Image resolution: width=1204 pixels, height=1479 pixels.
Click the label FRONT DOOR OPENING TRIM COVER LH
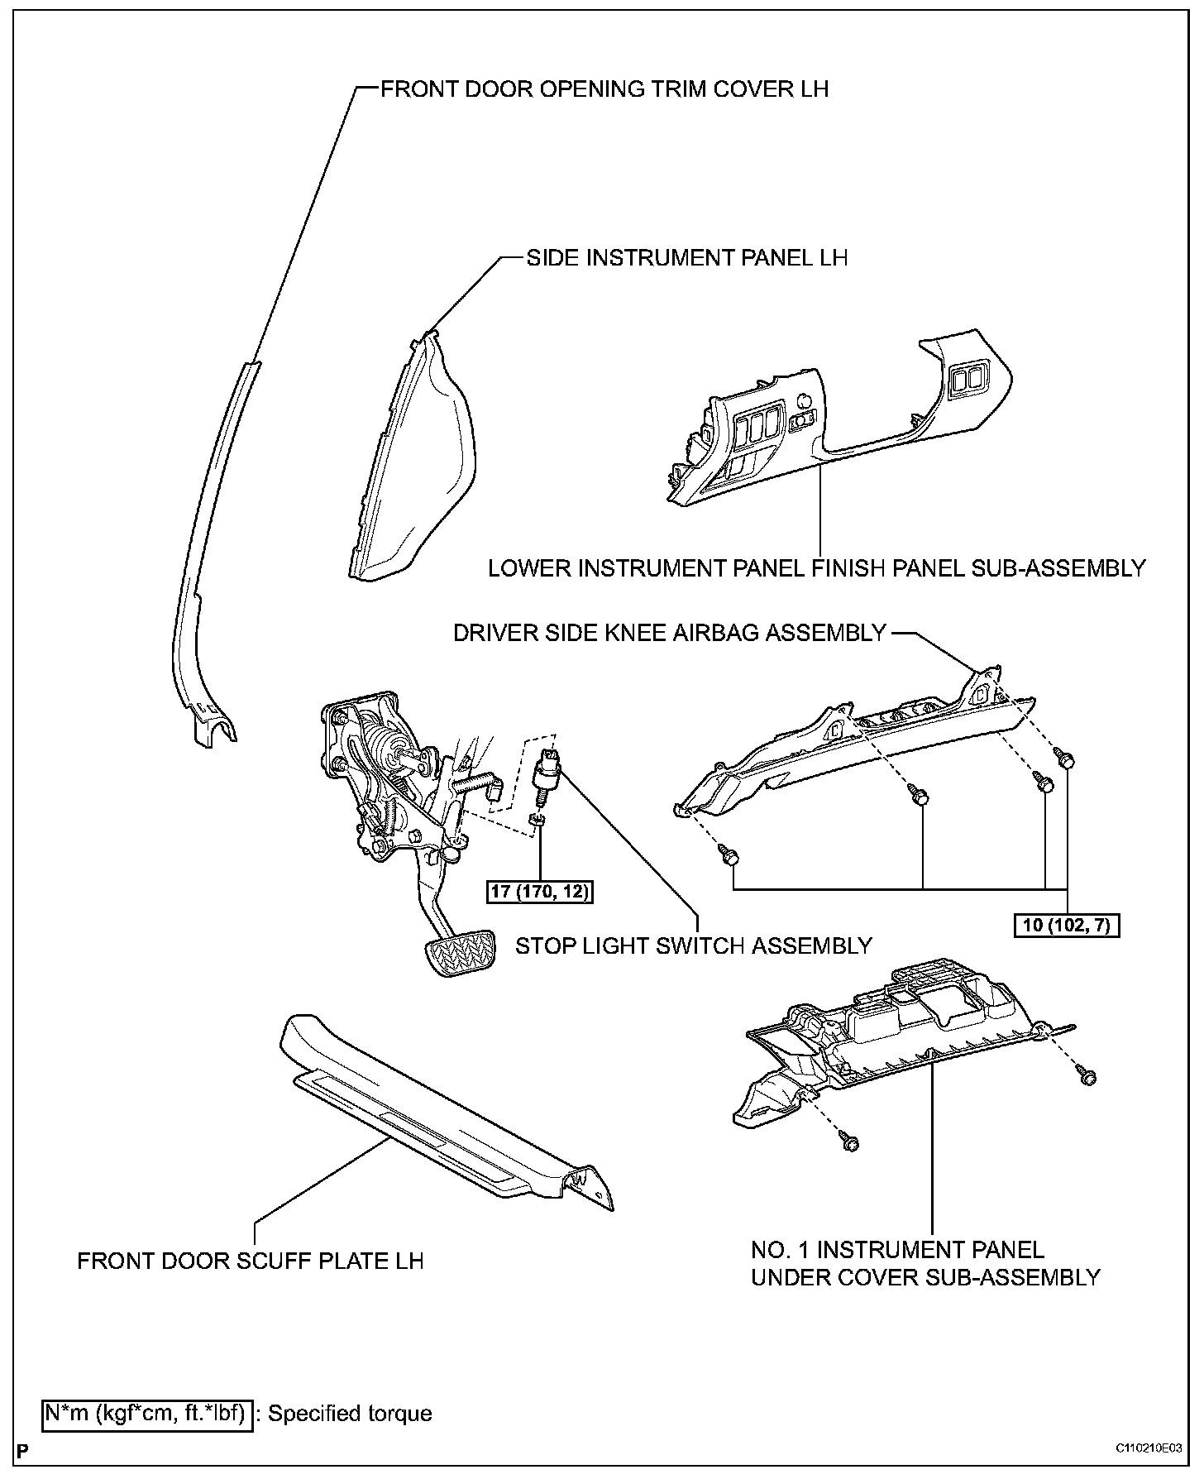604,89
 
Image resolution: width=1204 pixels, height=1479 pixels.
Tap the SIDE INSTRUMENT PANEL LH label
687,258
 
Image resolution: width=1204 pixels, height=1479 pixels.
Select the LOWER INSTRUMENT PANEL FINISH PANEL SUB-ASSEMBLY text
816,569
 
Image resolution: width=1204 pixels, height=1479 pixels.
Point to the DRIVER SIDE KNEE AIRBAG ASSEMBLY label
670,634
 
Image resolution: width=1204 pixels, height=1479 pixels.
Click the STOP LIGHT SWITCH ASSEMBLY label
694,945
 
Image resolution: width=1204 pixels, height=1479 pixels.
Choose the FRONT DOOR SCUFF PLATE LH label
251,1261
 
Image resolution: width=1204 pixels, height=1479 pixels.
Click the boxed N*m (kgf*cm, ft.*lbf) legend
147,1413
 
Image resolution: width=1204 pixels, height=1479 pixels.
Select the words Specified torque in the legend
350,1413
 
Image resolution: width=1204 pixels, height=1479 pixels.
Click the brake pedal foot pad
460,953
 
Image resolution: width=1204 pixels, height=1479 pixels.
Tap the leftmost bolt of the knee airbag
729,856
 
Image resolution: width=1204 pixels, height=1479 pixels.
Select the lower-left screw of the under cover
849,1142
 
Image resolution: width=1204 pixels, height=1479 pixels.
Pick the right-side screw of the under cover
1087,1076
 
